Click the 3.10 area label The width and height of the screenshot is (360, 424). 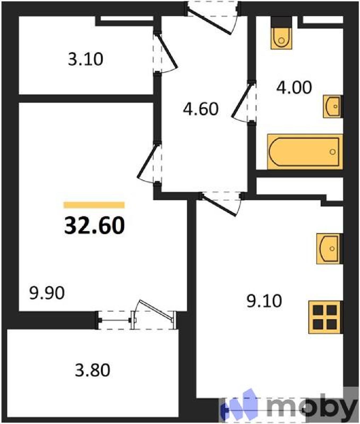pos(85,59)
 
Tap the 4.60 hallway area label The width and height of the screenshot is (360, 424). pos(201,109)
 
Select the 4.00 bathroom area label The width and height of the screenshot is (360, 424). pos(294,87)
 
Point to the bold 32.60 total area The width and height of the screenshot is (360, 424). pos(94,225)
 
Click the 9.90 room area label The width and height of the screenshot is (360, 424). pos(47,293)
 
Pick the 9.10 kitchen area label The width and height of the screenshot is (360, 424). pos(264,301)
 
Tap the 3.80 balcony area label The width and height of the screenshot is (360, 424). pos(92,370)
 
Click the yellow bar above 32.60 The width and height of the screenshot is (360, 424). pos(94,205)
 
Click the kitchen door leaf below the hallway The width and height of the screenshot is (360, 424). pos(219,206)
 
